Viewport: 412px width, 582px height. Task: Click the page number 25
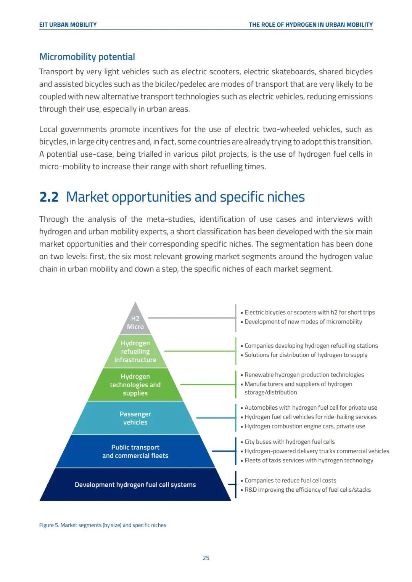pyautogui.click(x=206, y=558)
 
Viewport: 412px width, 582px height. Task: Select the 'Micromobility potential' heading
pyautogui.click(x=87, y=57)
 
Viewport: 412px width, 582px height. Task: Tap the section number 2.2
pyautogui.click(x=49, y=197)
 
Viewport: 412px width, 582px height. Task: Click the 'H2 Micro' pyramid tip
pyautogui.click(x=135, y=322)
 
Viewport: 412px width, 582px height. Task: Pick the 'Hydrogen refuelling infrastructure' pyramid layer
pyautogui.click(x=135, y=351)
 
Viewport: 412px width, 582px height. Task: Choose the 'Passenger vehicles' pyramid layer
pyautogui.click(x=135, y=418)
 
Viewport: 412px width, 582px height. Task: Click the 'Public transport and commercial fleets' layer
pyautogui.click(x=135, y=451)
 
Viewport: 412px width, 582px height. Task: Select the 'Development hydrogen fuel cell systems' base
pyautogui.click(x=135, y=484)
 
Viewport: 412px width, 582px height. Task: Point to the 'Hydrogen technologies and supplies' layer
pyautogui.click(x=135, y=385)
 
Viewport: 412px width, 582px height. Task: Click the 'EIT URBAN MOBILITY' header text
pyautogui.click(x=68, y=25)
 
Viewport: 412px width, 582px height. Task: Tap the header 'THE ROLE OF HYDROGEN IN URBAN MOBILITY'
pyautogui.click(x=311, y=25)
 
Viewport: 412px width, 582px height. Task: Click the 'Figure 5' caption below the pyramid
pyautogui.click(x=103, y=525)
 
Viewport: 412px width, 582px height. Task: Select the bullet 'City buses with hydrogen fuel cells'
pyautogui.click(x=290, y=442)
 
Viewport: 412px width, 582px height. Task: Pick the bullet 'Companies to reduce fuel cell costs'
pyautogui.click(x=290, y=481)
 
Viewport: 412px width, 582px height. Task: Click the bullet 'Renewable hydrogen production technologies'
pyautogui.click(x=304, y=375)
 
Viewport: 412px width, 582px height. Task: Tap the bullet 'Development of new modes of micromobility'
pyautogui.click(x=303, y=322)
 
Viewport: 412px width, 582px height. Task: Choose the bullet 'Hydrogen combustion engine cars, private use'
pyautogui.click(x=305, y=426)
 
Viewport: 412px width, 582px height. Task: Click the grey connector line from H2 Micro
pyautogui.click(x=191, y=317)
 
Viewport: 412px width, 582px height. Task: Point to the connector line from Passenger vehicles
pyautogui.click(x=216, y=418)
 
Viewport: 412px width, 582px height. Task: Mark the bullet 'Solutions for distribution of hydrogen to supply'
pyautogui.click(x=306, y=355)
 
